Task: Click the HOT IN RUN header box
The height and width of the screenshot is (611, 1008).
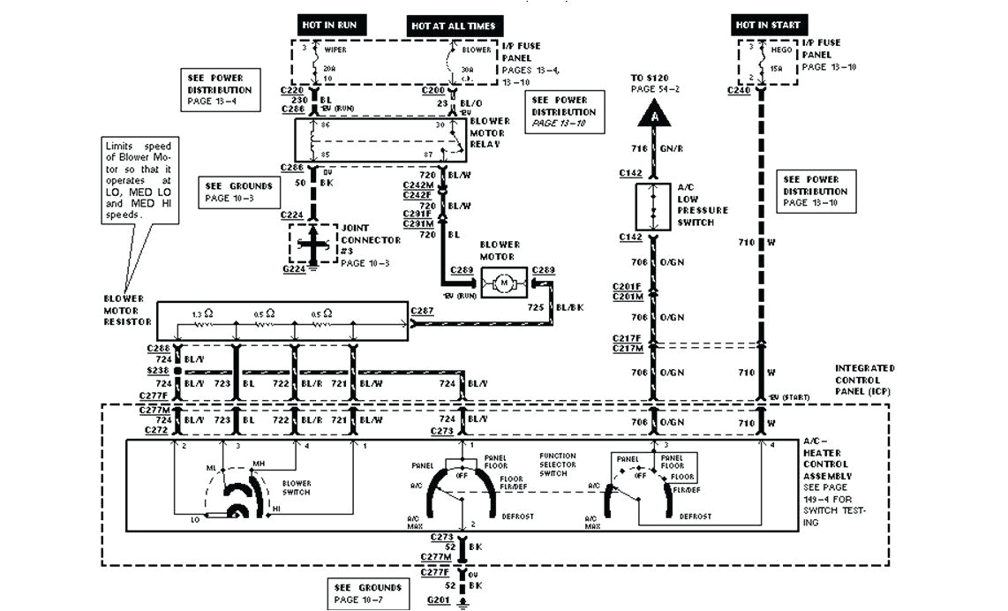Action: point(329,25)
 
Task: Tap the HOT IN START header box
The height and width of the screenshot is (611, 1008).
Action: point(767,25)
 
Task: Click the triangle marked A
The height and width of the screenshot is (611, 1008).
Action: point(654,113)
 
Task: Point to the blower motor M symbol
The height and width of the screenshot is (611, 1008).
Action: point(504,283)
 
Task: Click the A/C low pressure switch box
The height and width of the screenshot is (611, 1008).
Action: point(654,208)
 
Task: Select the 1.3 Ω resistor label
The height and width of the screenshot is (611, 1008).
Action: point(202,314)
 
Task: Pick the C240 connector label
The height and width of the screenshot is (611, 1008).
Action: point(738,89)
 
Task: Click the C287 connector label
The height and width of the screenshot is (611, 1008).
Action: point(423,312)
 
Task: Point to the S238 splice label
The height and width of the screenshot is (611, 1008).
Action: point(158,372)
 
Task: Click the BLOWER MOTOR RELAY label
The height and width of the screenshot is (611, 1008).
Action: point(490,132)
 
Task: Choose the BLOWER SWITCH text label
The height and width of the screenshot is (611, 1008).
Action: point(297,487)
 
